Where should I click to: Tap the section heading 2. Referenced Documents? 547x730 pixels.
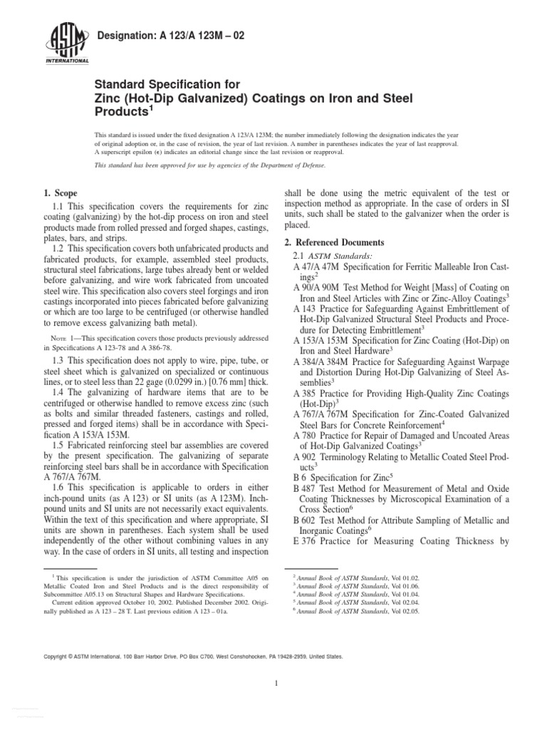pyautogui.click(x=334, y=242)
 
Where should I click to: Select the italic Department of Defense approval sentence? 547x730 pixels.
pyautogui.click(x=210, y=165)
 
